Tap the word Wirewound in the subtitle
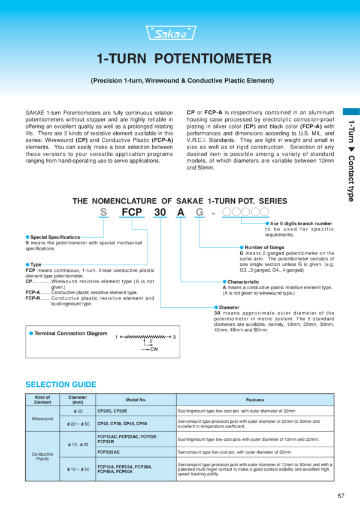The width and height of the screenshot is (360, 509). pos(164,80)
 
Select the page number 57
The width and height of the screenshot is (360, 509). pos(341,496)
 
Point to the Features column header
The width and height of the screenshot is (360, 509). pos(255,399)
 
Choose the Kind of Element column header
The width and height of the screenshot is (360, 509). pos(43,399)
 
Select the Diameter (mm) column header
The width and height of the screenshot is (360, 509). pos(78,399)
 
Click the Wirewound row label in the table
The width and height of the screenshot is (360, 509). pos(43,418)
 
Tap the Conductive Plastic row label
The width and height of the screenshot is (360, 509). pos(43,456)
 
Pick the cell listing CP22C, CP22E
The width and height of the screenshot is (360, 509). pos(111,411)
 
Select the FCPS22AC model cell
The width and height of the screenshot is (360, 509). pos(108,452)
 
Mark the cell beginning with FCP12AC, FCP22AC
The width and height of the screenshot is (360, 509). pos(126,439)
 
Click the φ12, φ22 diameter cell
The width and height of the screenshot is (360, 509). pos(78,444)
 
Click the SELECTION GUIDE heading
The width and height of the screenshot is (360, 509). pos(60,384)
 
